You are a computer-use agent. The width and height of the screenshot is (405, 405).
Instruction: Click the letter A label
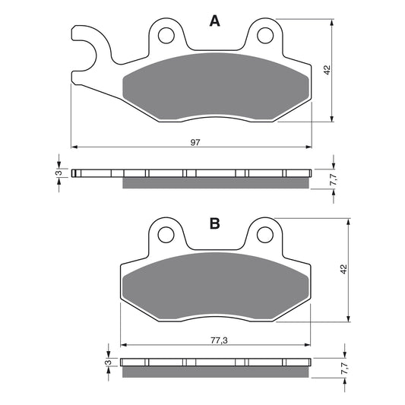(215, 22)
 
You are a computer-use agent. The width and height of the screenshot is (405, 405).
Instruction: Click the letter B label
(215, 223)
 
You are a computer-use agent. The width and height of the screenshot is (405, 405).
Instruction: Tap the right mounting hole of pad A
(264, 34)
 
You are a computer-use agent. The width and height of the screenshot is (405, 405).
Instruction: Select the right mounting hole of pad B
(264, 235)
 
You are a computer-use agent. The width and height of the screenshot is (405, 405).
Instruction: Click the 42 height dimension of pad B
(343, 270)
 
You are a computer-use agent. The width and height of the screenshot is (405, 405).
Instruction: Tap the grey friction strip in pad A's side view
(216, 182)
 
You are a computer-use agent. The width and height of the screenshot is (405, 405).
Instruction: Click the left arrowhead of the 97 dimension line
(74, 147)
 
